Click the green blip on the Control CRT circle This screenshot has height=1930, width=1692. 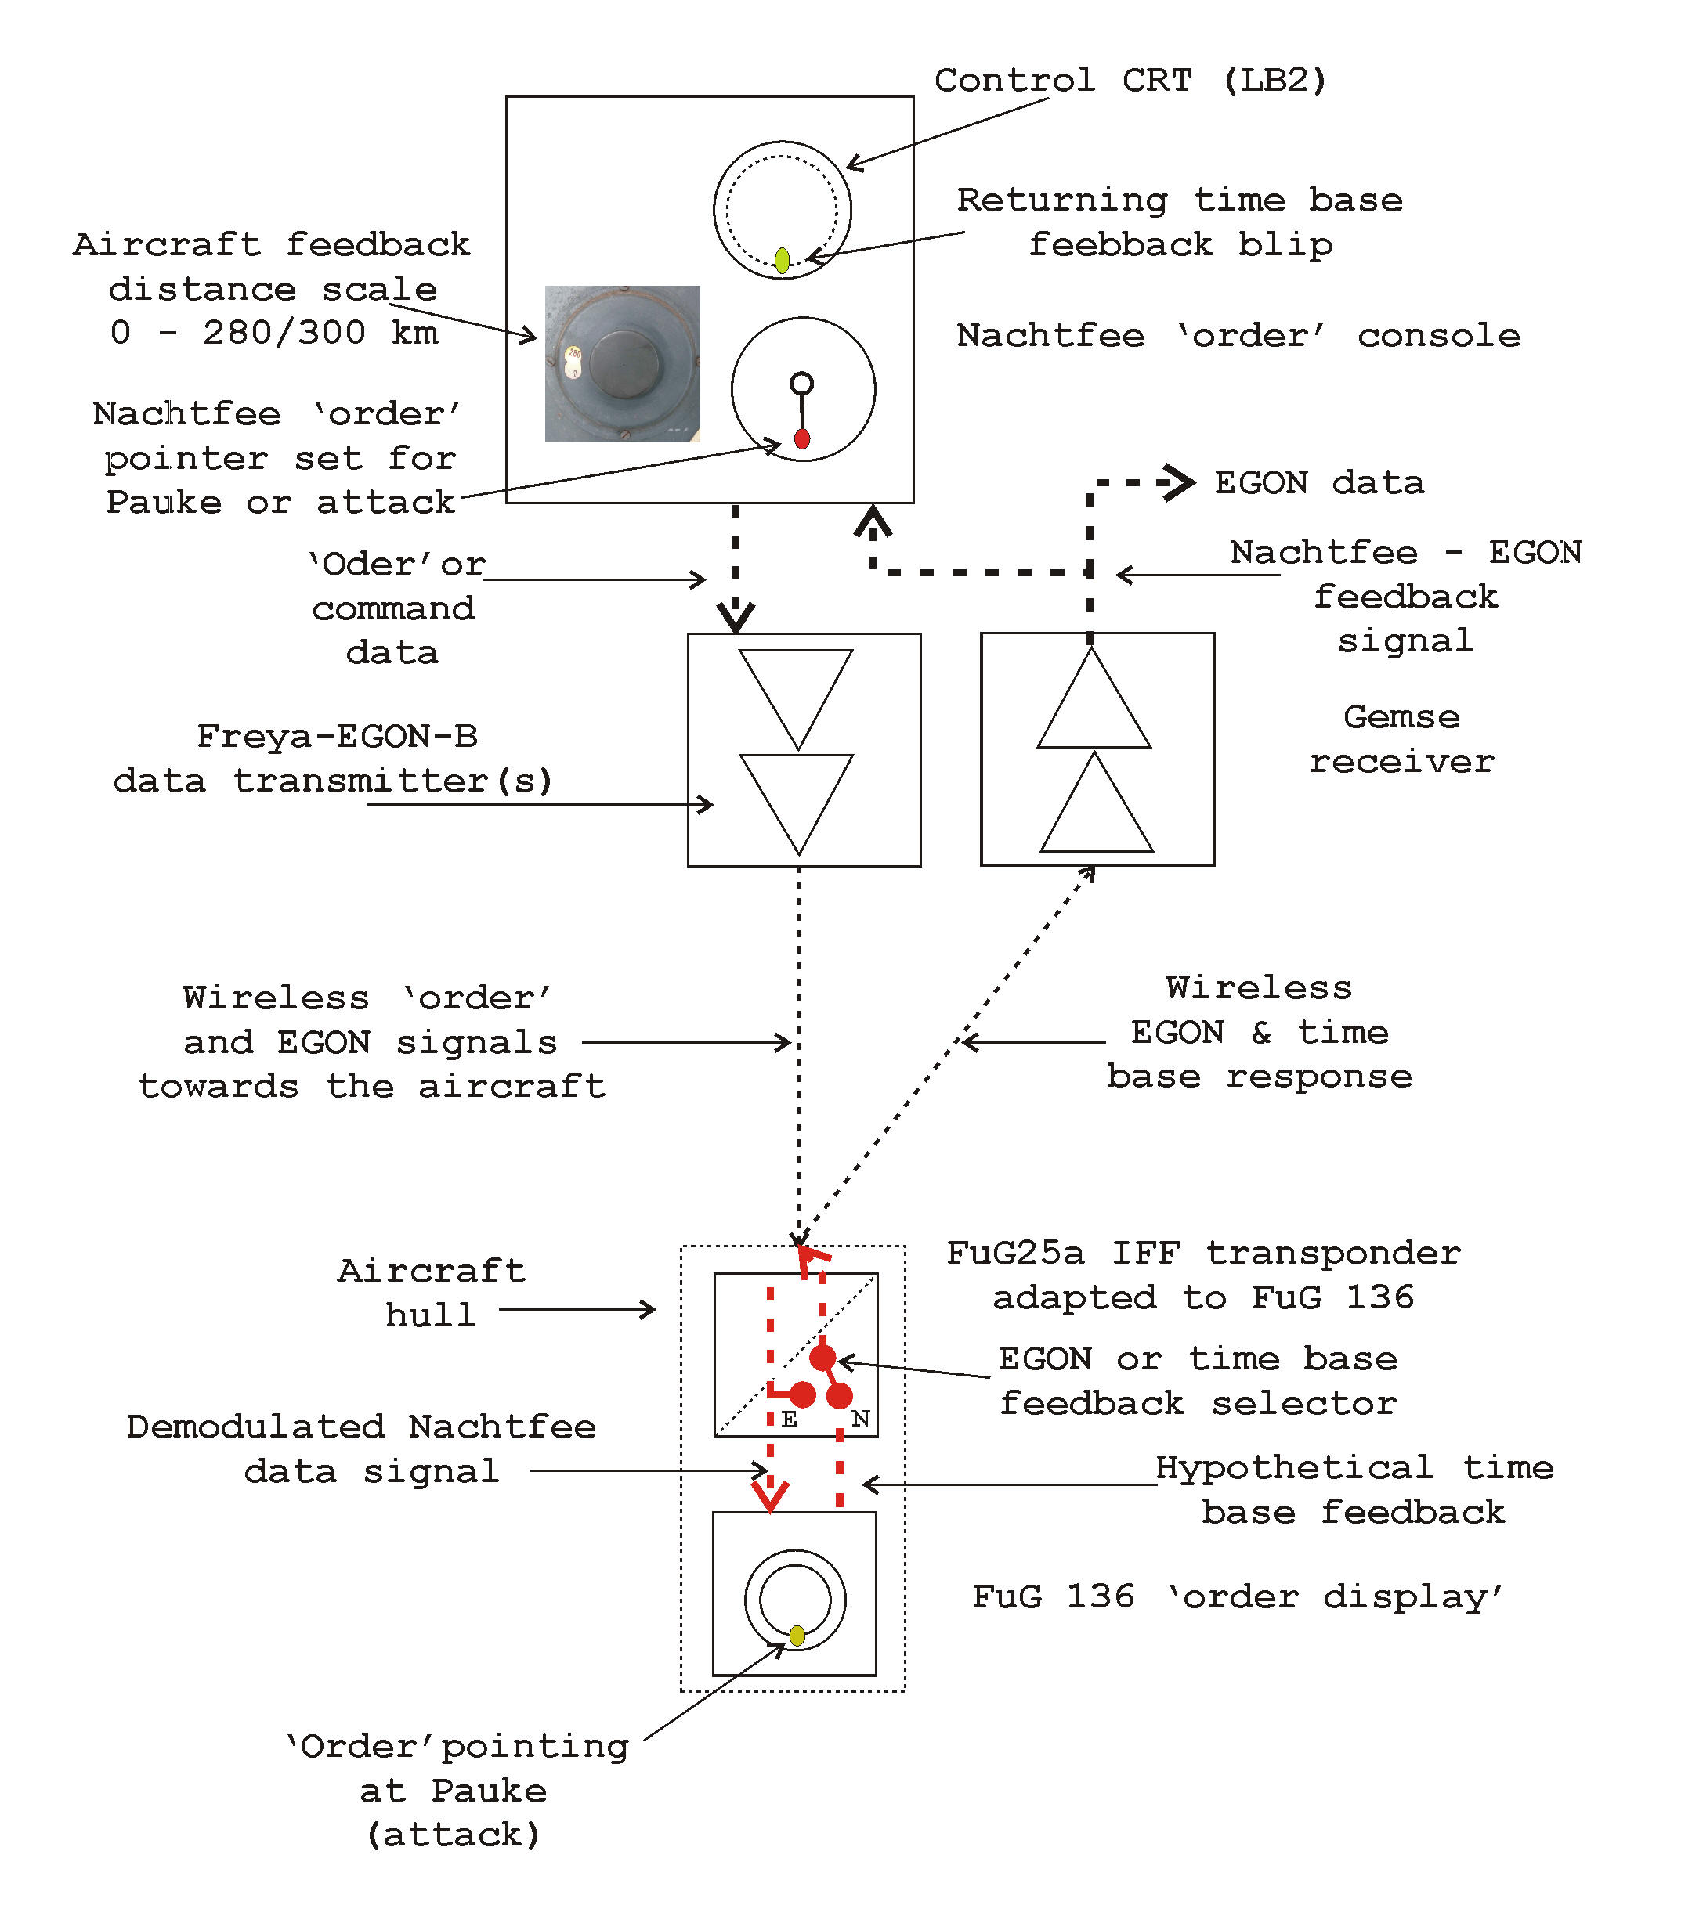[x=782, y=259]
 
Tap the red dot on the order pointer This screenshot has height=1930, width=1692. [x=801, y=438]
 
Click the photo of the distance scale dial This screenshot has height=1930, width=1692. [x=622, y=363]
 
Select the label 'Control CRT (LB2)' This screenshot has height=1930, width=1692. [x=1130, y=80]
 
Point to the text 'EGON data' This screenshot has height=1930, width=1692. [x=1318, y=482]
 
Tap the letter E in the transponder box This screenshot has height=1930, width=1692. [x=790, y=1420]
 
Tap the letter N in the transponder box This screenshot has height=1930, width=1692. [x=859, y=1419]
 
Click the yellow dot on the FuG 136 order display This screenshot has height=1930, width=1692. [x=797, y=1636]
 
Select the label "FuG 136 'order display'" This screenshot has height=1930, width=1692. [x=1238, y=1597]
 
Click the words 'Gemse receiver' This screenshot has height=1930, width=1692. [x=1401, y=739]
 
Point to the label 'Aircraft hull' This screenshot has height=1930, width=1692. [x=432, y=1293]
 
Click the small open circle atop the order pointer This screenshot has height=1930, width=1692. [x=801, y=383]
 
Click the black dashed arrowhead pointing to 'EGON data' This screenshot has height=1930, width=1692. [x=1180, y=482]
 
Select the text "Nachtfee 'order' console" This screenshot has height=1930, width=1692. [x=1238, y=336]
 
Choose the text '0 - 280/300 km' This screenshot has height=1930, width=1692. [x=274, y=332]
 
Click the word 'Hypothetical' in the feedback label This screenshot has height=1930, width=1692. [x=1293, y=1467]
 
